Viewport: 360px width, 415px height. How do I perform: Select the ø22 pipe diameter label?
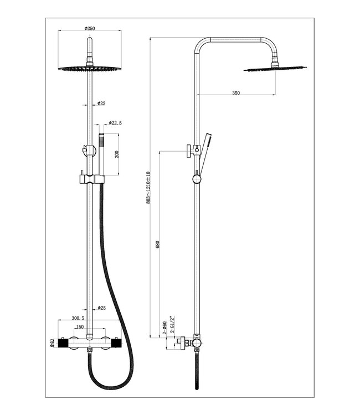tap(101, 103)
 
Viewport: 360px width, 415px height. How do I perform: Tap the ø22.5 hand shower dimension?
tap(115, 123)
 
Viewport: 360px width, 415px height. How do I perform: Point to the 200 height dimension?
tap(117, 154)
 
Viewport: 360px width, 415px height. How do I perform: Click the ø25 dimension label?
tap(102, 308)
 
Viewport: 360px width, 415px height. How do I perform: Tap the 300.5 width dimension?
tap(78, 319)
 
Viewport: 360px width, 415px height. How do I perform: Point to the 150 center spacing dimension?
tap(80, 327)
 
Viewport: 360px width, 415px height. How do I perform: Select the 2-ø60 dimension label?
tap(164, 328)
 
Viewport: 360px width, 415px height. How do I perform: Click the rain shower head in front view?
tap(89, 69)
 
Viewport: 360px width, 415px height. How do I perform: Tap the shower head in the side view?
tap(275, 69)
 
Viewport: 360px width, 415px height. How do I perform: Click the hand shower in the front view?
tap(102, 155)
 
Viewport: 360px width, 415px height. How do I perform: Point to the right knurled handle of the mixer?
tap(115, 344)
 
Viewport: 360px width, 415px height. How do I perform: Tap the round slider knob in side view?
tap(196, 178)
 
